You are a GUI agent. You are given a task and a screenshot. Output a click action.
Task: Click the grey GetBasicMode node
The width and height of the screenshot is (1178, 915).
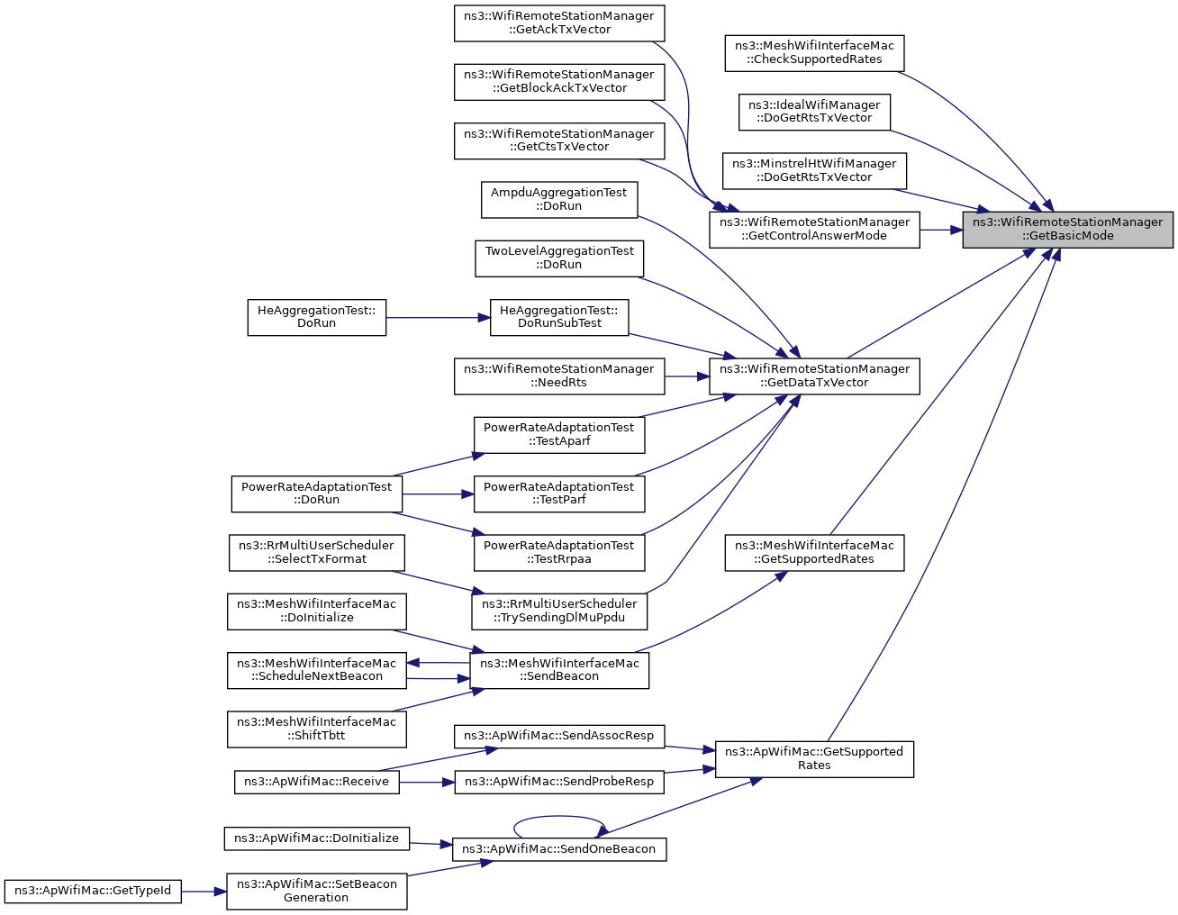[1067, 230]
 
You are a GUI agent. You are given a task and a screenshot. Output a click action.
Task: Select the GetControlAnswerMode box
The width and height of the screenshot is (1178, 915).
[814, 230]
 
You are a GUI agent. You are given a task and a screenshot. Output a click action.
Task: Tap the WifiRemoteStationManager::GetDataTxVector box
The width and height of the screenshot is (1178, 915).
[814, 376]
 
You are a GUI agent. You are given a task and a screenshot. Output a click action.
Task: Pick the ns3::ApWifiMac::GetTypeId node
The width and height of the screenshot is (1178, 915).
[93, 892]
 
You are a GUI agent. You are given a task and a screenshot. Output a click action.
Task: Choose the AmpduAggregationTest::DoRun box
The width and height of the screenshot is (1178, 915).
[559, 200]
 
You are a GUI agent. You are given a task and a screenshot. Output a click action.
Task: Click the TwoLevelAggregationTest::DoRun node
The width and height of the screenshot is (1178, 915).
[559, 258]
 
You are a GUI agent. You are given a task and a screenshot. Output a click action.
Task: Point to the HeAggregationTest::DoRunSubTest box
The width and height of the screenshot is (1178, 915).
[559, 318]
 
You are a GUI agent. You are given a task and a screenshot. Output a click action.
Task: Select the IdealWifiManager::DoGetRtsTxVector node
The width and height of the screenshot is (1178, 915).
[814, 113]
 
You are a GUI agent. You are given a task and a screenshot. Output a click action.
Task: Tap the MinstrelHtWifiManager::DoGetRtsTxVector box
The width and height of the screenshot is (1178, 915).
[814, 171]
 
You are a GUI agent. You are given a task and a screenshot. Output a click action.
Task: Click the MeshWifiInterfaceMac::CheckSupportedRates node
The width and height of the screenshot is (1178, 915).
[814, 53]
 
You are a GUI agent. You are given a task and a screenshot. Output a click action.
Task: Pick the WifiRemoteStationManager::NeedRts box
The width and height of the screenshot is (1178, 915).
[559, 376]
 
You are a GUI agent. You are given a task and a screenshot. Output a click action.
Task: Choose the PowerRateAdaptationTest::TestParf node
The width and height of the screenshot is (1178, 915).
[559, 494]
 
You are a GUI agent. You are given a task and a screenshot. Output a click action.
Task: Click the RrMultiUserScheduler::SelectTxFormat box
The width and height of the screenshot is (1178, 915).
[317, 553]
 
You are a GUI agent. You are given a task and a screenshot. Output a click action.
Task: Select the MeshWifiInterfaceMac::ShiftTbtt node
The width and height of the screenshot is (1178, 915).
[317, 729]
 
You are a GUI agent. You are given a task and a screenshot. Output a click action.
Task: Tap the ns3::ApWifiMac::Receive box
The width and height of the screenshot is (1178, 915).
[317, 783]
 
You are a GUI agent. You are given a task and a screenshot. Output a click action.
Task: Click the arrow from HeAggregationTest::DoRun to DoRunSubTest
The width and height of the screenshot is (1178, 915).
[438, 318]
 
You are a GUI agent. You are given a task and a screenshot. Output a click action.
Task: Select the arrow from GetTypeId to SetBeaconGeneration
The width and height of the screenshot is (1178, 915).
[204, 892]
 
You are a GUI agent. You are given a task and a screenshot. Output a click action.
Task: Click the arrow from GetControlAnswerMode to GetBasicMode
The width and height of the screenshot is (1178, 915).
[941, 230]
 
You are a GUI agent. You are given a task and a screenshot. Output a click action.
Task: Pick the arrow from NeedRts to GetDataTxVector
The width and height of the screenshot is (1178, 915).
[687, 376]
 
